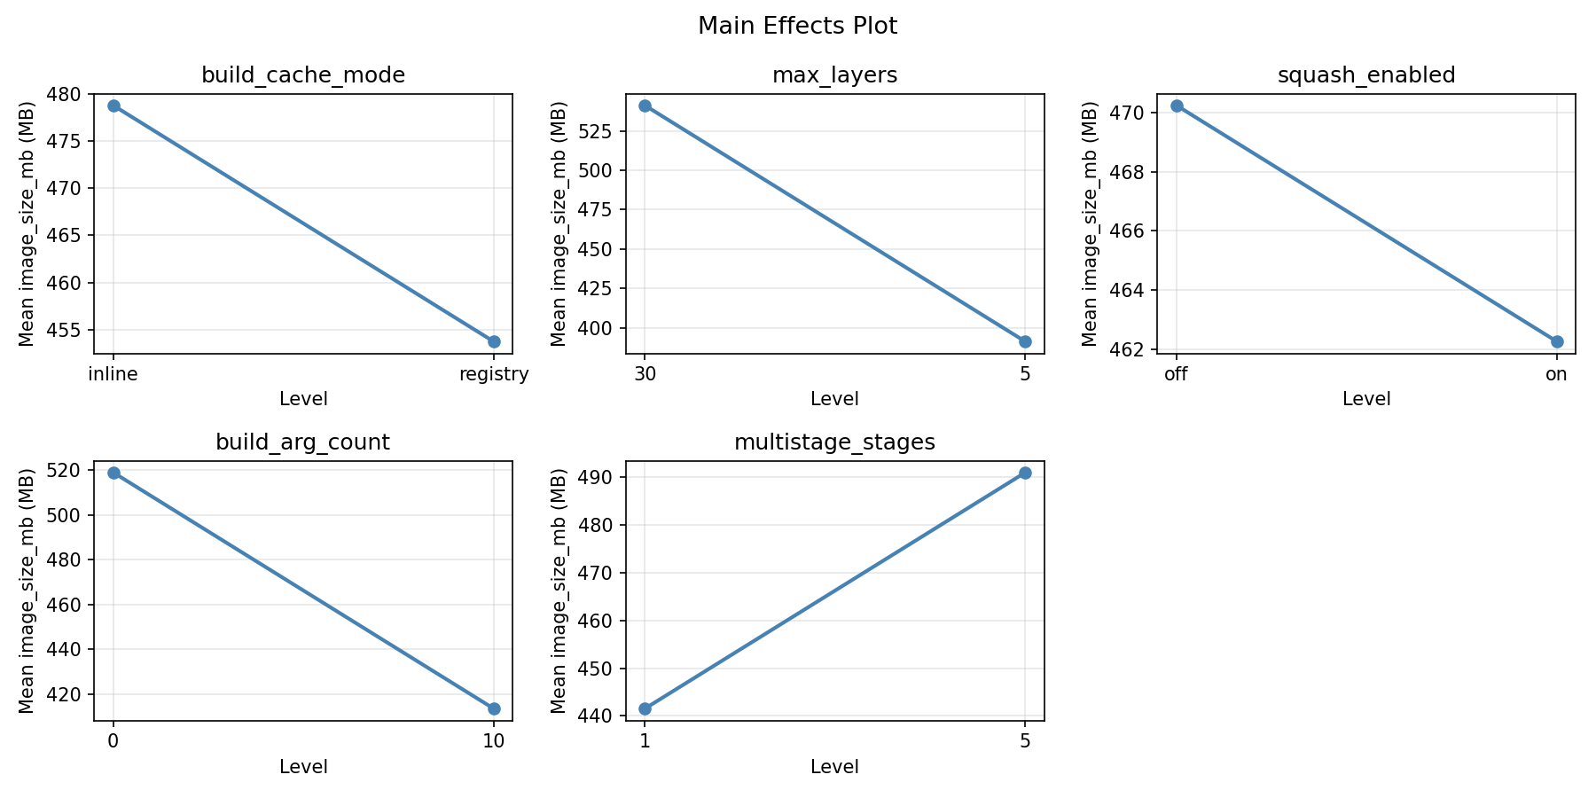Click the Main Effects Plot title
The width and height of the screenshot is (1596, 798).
click(797, 27)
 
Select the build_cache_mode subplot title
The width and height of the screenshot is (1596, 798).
click(303, 75)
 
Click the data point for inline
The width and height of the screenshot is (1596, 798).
click(113, 106)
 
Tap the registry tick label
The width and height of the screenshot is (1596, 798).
click(494, 374)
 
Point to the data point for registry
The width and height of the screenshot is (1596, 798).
click(494, 341)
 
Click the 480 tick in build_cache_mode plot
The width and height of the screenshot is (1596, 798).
click(68, 94)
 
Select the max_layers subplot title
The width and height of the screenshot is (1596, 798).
click(834, 75)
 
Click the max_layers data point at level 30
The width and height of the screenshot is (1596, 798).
click(645, 106)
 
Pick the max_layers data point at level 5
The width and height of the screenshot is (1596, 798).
click(1025, 341)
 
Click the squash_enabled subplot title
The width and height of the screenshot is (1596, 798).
click(1365, 75)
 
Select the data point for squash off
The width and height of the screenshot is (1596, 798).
click(1177, 106)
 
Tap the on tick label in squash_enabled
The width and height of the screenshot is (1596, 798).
click(1556, 374)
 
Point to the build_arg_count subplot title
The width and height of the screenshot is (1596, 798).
click(303, 442)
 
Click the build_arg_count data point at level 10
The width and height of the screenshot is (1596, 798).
click(494, 708)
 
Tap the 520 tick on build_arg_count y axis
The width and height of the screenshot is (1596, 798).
click(68, 471)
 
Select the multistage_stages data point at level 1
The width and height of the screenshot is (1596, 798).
click(645, 708)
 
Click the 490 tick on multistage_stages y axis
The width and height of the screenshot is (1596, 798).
click(599, 477)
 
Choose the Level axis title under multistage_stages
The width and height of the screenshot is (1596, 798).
click(834, 767)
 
